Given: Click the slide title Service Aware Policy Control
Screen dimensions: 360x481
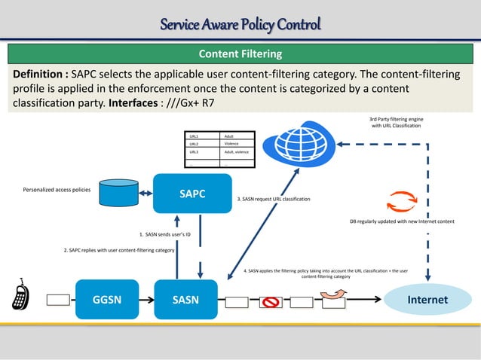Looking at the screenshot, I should coord(240,25).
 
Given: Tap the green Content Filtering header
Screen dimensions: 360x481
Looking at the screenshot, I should coord(240,54).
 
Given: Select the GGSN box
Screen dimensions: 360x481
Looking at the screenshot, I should coord(109,299).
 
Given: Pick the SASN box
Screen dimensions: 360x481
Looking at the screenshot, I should coord(186,299).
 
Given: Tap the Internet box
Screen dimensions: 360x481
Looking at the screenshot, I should coord(427,299).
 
